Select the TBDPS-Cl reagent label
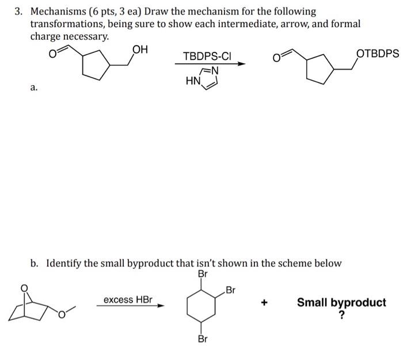(x=207, y=56)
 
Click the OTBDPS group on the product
(x=377, y=53)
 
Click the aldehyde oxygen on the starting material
(x=52, y=55)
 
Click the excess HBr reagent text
(x=128, y=300)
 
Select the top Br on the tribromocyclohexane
(x=201, y=274)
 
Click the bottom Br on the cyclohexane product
(x=202, y=339)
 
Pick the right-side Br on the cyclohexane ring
(x=231, y=289)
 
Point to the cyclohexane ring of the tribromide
(x=202, y=307)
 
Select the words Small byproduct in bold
(x=341, y=302)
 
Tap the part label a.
(x=34, y=88)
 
